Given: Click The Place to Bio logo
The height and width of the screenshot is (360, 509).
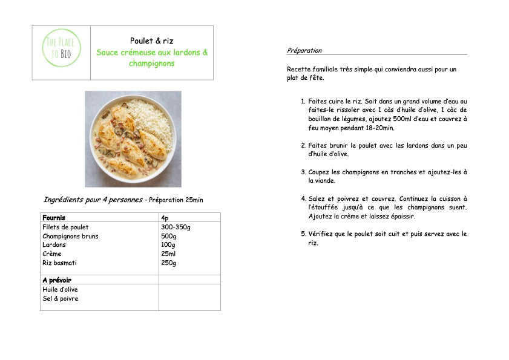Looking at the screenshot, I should [61, 52].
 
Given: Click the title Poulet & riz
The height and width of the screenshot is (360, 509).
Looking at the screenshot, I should [151, 41].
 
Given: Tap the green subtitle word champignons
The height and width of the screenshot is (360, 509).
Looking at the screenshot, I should [151, 64].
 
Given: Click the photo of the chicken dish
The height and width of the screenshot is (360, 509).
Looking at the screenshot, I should [133, 139].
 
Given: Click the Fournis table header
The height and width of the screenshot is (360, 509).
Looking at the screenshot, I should [54, 218].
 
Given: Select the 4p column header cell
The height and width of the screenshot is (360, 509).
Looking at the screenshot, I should [165, 218].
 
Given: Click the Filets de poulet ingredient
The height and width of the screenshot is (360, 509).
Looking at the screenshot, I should [65, 227].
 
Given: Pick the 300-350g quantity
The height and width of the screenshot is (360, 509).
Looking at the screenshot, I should [176, 227].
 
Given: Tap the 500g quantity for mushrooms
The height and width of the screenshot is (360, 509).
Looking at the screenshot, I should [168, 236].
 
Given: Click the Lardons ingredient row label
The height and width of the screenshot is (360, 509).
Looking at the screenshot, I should [54, 245].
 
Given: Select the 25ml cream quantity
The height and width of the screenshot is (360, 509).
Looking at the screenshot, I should [168, 254].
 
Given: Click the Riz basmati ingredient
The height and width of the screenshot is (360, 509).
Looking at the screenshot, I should [59, 263].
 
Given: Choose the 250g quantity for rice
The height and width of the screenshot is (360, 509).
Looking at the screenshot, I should [168, 263].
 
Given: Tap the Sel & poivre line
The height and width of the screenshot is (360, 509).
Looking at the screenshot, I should [60, 298].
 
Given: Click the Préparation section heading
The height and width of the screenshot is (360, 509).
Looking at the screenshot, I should [304, 51].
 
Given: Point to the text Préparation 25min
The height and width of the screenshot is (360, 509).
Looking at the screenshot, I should [176, 200].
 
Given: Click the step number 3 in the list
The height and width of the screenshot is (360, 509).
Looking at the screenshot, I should [304, 172].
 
